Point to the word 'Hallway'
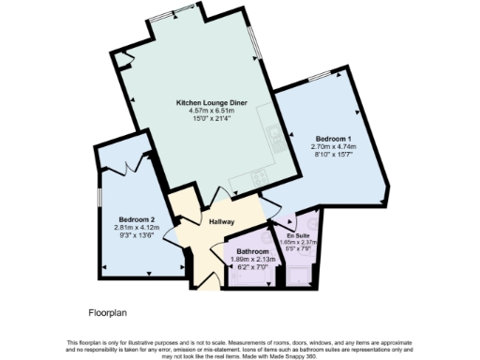(x=221, y=221)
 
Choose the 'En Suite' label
(x=298, y=234)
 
